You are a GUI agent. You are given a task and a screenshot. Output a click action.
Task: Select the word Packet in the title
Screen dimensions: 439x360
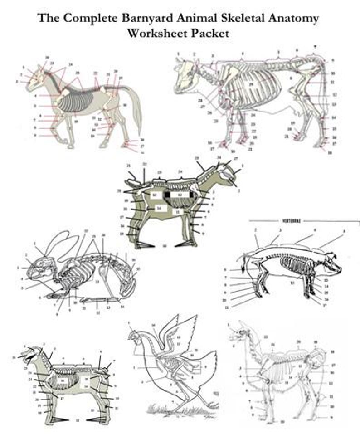[x=213, y=33]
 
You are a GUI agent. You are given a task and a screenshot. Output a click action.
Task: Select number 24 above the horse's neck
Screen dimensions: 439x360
[x=70, y=64]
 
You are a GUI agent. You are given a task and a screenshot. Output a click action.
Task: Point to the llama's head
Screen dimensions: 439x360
[x=239, y=335]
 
